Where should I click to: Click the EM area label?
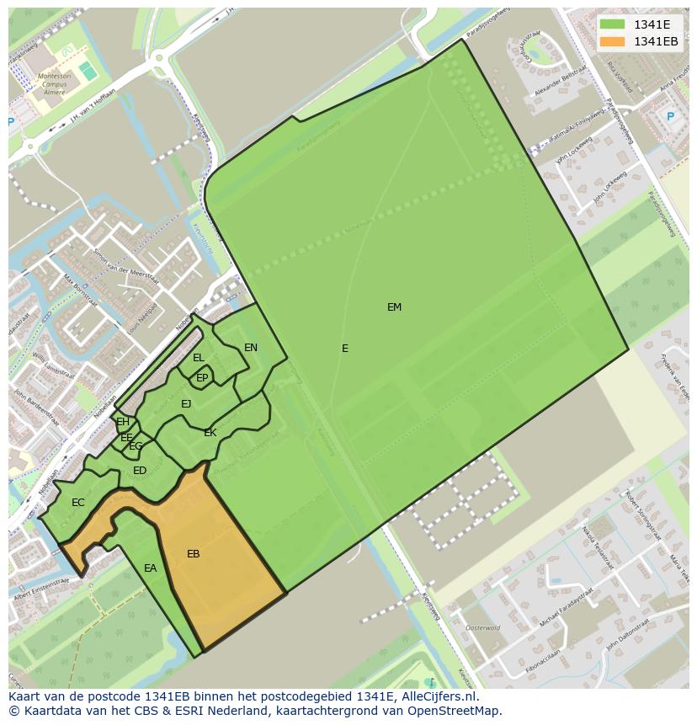pos(394,307)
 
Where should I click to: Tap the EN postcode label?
pos(251,348)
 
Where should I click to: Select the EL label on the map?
pos(199,358)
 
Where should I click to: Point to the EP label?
pos(202,378)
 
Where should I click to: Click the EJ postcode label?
pos(186,404)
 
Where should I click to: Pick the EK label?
pos(210,433)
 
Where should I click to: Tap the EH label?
pos(123,422)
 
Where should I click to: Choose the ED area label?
pos(140,471)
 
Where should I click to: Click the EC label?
pos(78,503)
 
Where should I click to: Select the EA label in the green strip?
pos(150,568)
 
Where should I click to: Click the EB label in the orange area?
pos(194,554)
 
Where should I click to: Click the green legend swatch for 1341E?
pos(612,24)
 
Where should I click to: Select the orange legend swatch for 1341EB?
pos(612,41)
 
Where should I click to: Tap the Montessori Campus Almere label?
pos(53,82)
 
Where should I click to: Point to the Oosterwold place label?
pos(483,628)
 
